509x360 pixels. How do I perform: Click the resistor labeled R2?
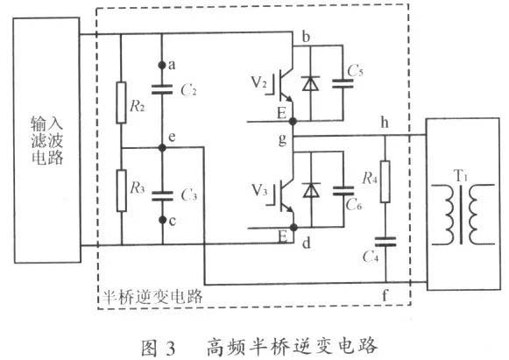121,106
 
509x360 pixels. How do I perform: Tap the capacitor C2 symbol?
162,88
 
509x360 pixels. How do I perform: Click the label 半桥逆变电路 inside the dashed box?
149,296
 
